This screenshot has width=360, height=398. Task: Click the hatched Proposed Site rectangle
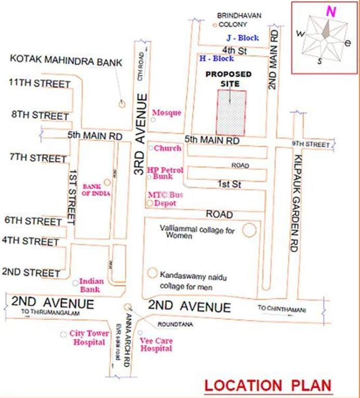click(231, 112)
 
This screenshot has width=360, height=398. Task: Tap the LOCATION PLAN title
click(268, 386)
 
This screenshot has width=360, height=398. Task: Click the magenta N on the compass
click(329, 11)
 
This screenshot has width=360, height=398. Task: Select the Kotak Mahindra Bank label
click(66, 62)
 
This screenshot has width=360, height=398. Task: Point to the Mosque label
click(167, 113)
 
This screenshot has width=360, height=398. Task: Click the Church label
click(168, 148)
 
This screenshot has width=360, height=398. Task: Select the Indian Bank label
click(91, 285)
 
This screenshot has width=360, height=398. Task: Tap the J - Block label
click(242, 38)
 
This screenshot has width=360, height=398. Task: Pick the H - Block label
click(216, 59)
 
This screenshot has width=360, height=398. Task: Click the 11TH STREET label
click(39, 84)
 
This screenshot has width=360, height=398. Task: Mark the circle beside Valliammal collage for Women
click(250, 230)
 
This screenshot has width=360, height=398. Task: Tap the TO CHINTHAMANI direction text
click(282, 309)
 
